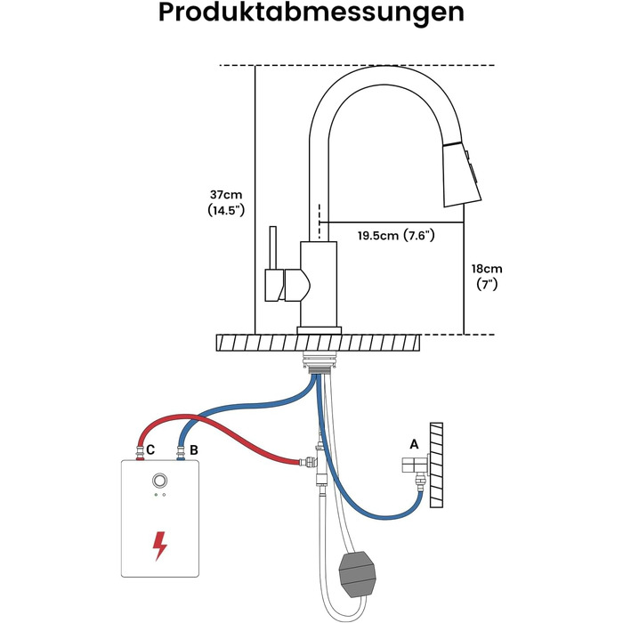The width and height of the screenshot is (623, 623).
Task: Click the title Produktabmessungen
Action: point(311,13)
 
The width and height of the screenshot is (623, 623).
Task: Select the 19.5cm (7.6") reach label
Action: point(396,235)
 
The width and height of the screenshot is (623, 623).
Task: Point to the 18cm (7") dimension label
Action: point(487,277)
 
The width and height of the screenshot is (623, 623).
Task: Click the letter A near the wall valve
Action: point(414,444)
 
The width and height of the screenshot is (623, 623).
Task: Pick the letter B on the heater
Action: point(193,450)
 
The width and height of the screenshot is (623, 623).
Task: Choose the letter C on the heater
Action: point(150,449)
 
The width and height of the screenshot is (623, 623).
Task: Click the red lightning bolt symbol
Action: point(159,546)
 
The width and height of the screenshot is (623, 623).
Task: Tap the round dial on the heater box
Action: point(159,481)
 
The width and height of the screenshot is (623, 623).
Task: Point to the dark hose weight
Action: point(358,574)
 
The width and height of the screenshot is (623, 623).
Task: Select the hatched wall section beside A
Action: point(436,465)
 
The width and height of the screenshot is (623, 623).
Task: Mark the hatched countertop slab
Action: point(319,343)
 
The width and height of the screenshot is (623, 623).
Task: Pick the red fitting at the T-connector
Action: point(303,462)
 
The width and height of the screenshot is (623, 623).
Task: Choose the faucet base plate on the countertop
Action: point(319,330)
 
